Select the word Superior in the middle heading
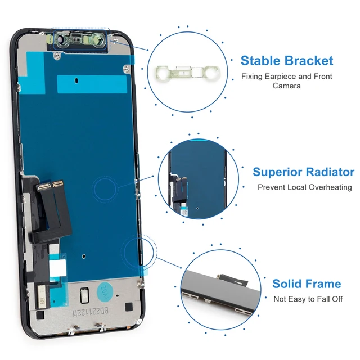278,172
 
